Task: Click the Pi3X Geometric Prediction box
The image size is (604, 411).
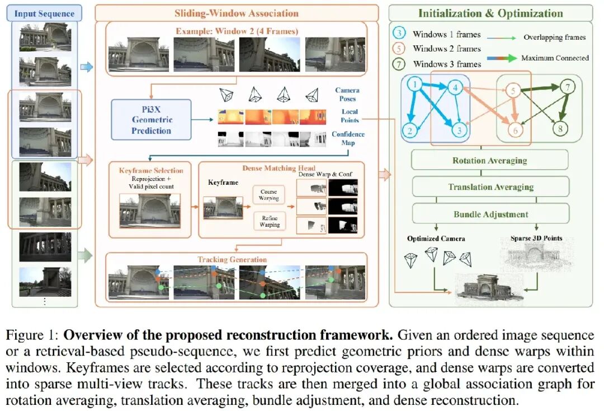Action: click(x=151, y=119)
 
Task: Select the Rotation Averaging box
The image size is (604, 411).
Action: click(x=489, y=160)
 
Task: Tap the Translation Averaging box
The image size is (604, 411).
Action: click(x=491, y=187)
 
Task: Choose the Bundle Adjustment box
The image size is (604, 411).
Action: click(x=491, y=214)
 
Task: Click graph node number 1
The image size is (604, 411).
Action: click(x=415, y=85)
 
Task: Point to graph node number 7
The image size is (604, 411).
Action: click(x=568, y=87)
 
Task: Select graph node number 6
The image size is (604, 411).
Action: click(x=516, y=130)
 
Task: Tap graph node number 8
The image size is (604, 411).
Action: click(x=560, y=128)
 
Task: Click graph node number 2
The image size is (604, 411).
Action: click(x=410, y=130)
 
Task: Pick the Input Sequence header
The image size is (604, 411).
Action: click(x=44, y=13)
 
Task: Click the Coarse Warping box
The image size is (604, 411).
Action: click(x=268, y=195)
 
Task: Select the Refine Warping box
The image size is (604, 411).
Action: click(x=270, y=221)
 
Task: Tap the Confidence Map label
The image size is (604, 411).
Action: click(x=348, y=138)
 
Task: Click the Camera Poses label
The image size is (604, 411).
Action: click(x=347, y=94)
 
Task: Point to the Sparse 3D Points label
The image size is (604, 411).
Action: click(x=536, y=239)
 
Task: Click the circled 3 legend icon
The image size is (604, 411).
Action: click(x=399, y=33)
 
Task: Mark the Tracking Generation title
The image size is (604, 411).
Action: click(x=232, y=259)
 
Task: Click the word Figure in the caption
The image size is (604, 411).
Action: click(x=25, y=335)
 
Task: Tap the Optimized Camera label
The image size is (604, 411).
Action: click(x=436, y=239)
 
